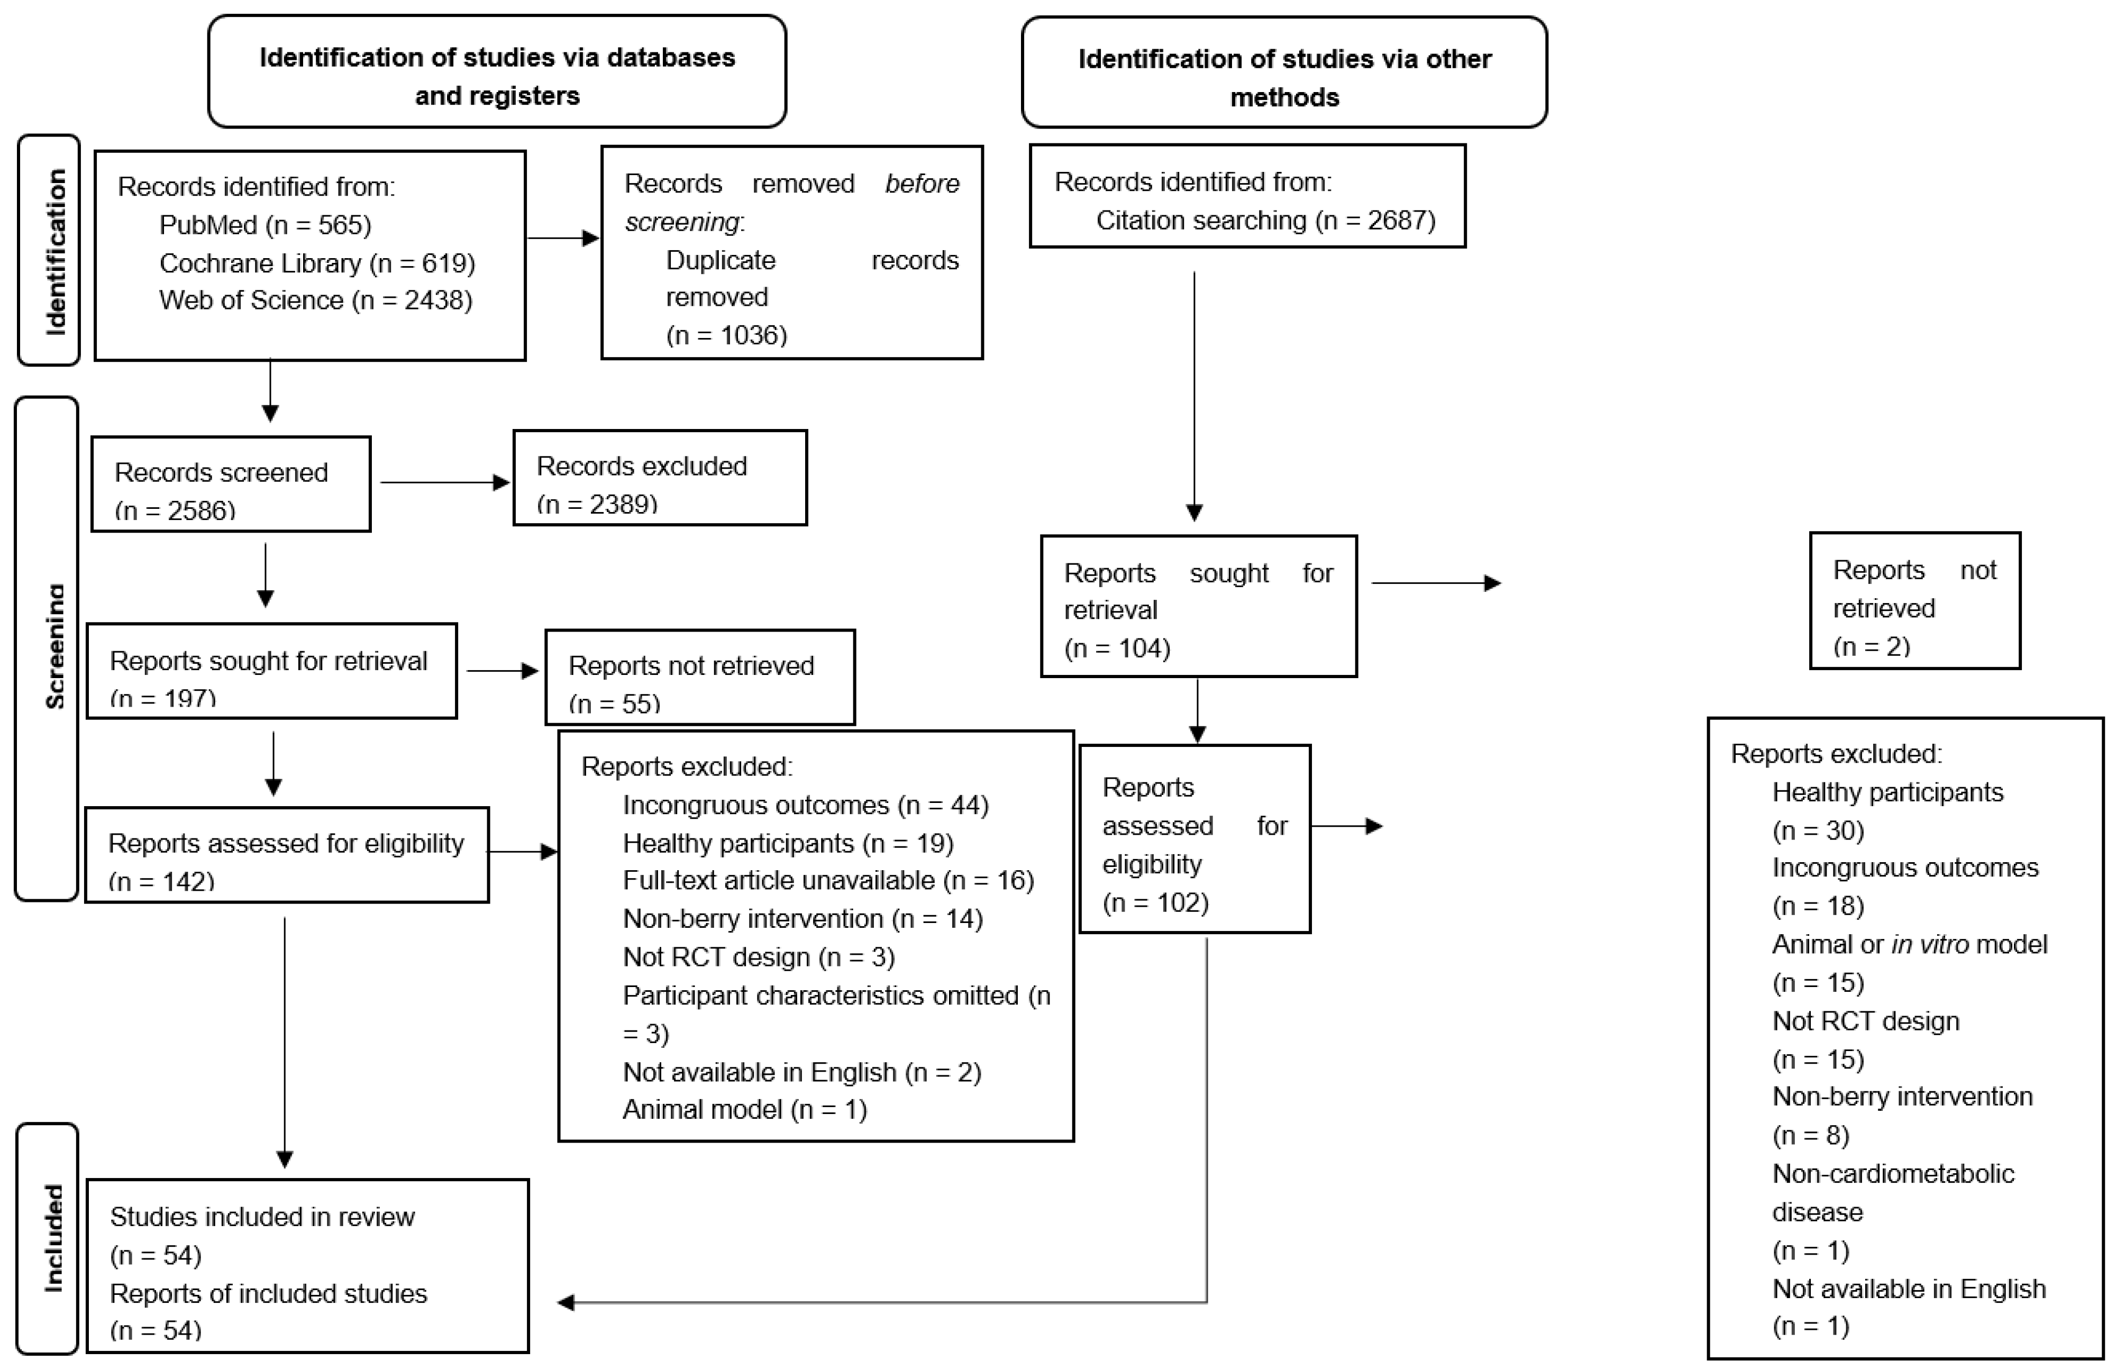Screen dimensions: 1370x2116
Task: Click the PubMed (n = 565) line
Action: point(265,225)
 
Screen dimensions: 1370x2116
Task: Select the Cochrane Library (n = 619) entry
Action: point(316,263)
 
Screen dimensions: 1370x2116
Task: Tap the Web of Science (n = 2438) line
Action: point(316,300)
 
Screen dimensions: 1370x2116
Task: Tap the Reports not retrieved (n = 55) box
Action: point(700,678)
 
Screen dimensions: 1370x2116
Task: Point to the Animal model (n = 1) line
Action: point(744,1110)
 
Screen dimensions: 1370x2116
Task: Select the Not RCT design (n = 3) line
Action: point(759,957)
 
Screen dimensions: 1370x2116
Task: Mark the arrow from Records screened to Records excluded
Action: point(444,483)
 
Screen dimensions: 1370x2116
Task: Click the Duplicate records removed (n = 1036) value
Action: point(726,335)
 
